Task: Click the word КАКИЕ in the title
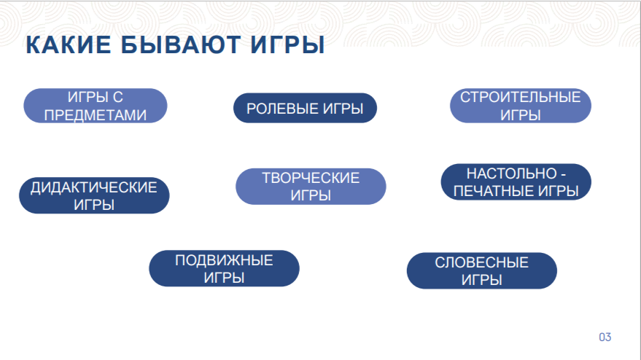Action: (x=69, y=44)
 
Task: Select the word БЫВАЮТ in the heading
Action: (x=180, y=44)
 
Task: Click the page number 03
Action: (x=605, y=337)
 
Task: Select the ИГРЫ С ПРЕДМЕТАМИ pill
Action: (x=96, y=106)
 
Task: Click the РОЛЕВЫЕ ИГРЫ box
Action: (x=305, y=109)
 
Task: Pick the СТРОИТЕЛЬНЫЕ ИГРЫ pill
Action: (x=521, y=106)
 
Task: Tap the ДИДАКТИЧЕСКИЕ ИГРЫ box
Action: (x=94, y=195)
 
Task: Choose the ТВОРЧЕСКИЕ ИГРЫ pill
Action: (x=311, y=187)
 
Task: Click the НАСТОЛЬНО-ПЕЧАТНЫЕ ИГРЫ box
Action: (x=516, y=182)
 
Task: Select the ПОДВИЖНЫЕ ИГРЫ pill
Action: (x=224, y=268)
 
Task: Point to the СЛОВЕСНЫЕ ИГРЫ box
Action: (x=481, y=270)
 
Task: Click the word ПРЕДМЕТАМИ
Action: (x=96, y=115)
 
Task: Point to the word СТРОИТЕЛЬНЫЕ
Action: (x=521, y=97)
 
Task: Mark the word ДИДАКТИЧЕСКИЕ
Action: (x=94, y=187)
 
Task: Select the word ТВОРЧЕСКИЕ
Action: (x=311, y=178)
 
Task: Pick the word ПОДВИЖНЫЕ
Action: (x=224, y=260)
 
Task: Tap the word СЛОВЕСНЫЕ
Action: (x=481, y=262)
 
